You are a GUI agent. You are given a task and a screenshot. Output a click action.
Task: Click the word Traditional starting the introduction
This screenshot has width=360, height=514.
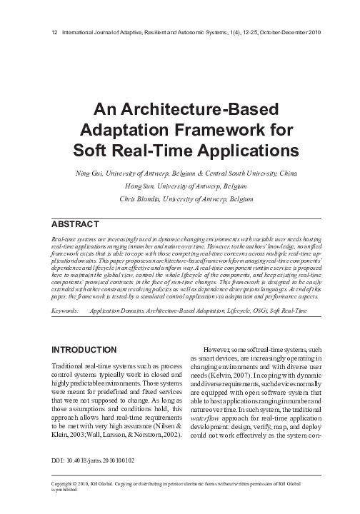click(x=71, y=366)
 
